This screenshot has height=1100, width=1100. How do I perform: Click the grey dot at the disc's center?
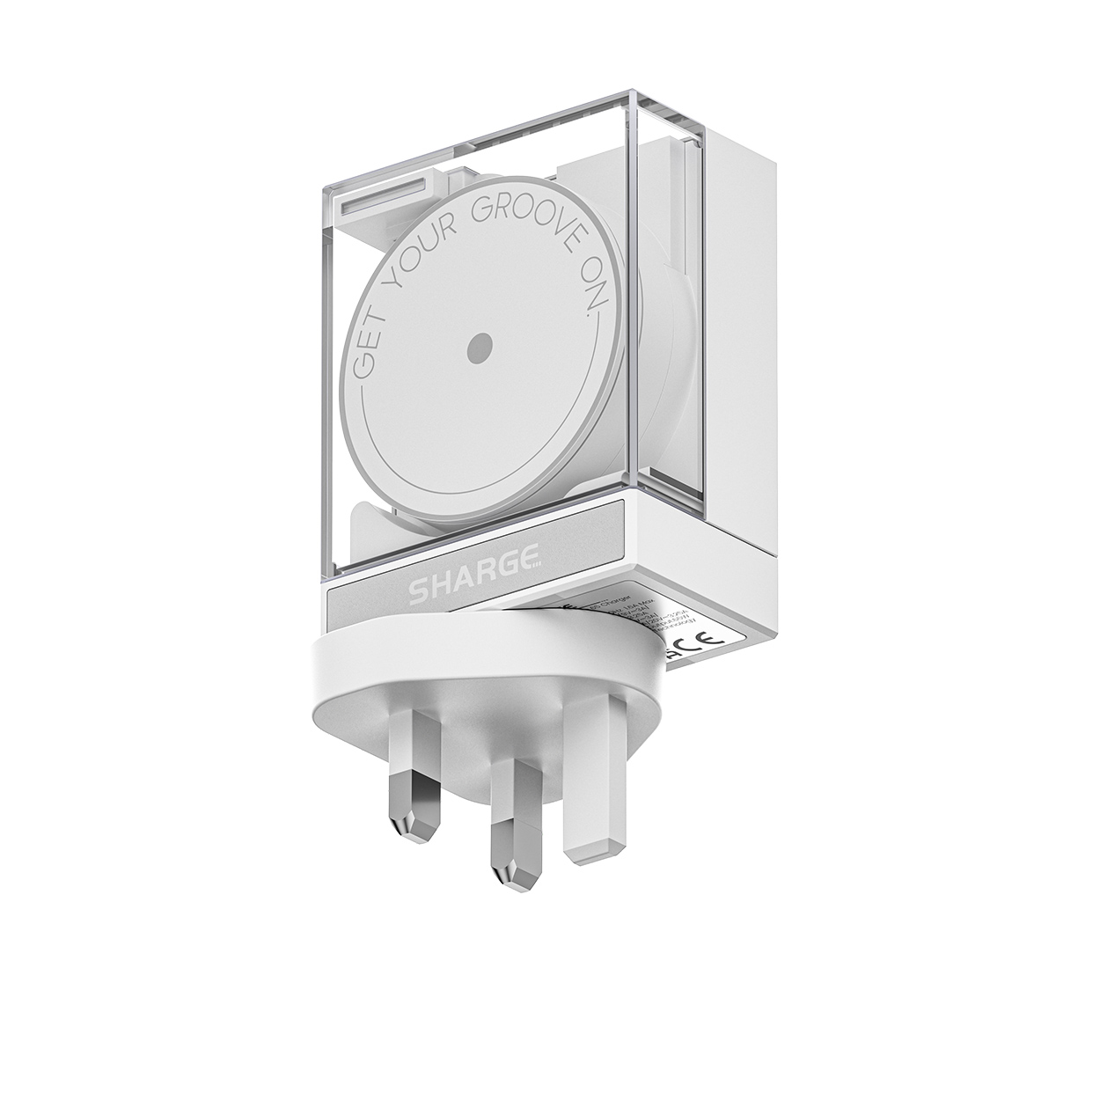click(x=480, y=345)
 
